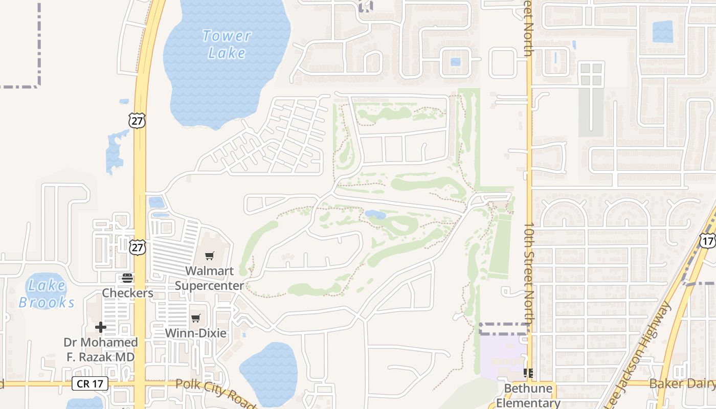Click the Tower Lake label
227,44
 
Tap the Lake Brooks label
47,294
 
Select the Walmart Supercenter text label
209,278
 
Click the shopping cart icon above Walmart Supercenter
209,256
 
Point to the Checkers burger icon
127,279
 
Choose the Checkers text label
127,293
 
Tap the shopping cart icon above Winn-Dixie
195,319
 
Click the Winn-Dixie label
195,333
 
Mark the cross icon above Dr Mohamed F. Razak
101,327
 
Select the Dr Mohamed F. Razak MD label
101,349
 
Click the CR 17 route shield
90,383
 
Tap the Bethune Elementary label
528,395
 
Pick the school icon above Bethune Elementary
528,373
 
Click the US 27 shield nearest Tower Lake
137,121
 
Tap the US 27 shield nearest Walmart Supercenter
137,247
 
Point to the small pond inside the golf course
375,215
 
